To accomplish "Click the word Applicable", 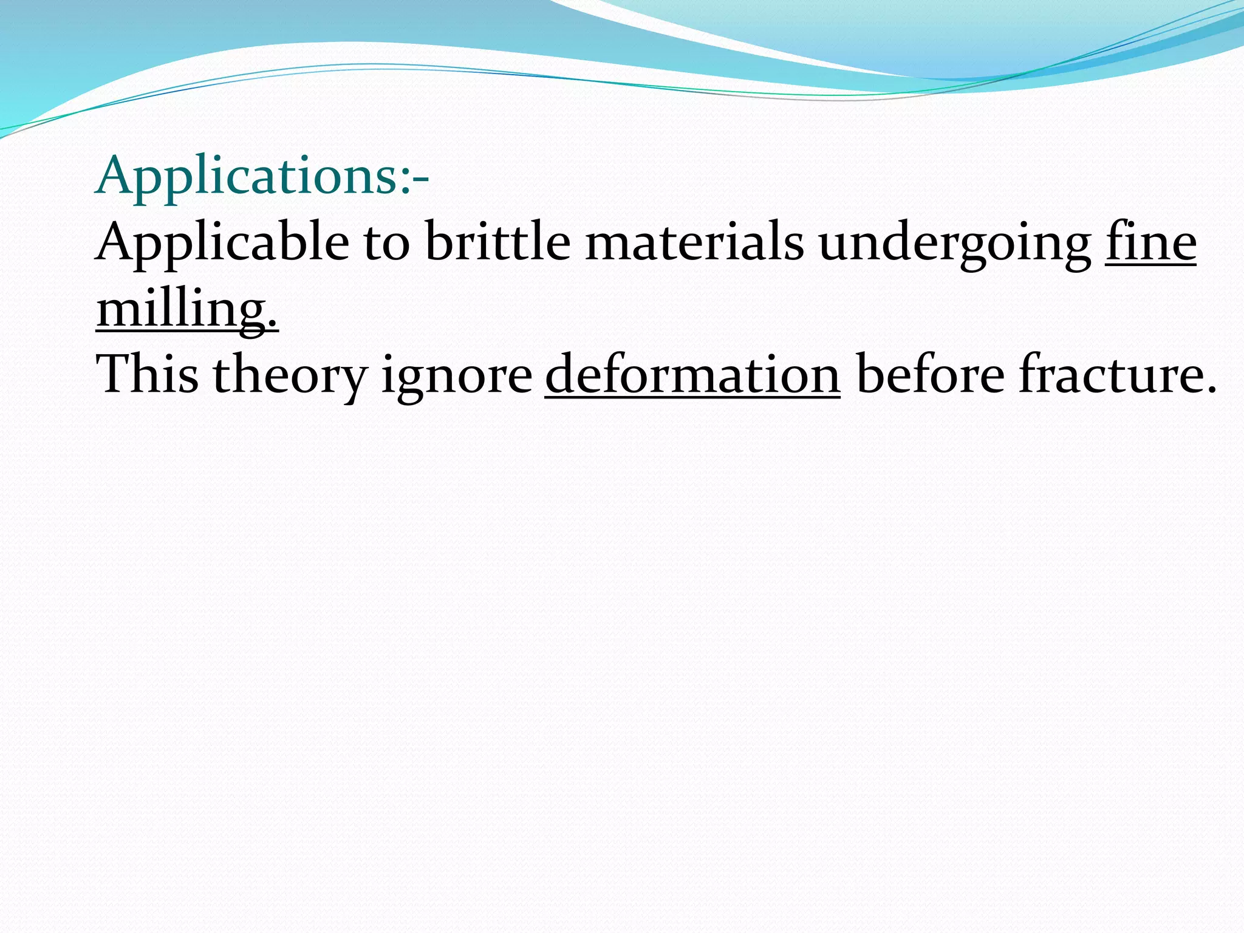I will (x=222, y=243).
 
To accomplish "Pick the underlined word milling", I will (x=181, y=310).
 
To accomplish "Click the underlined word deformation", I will (x=692, y=375).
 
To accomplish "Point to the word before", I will (x=930, y=375).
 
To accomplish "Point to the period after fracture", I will (x=1211, y=388).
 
